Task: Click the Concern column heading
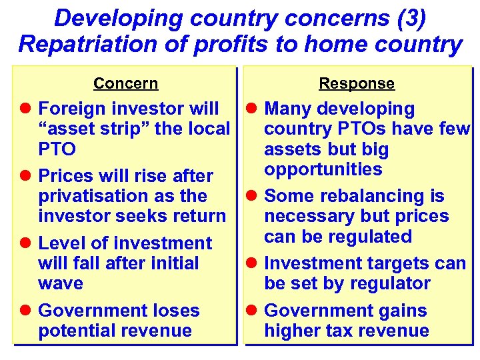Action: tap(125, 83)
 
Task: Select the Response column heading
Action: tap(356, 83)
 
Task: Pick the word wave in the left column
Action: tap(61, 283)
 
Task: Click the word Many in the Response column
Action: tap(288, 109)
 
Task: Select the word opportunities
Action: tap(323, 169)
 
